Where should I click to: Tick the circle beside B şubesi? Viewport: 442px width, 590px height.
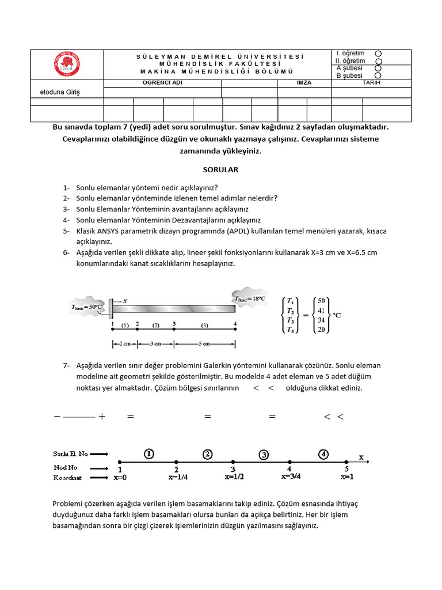pos(378,75)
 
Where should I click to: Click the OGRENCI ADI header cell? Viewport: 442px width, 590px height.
pos(162,83)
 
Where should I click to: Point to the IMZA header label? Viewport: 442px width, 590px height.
pos(304,83)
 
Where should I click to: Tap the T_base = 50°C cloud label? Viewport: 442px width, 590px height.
pos(86,307)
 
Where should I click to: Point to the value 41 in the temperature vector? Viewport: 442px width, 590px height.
pos(321,310)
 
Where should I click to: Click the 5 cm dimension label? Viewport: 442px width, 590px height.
pos(204,344)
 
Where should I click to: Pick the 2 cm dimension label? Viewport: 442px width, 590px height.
pos(124,344)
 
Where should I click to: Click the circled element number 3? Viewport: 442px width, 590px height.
pos(263,455)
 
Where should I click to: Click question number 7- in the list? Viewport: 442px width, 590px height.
pos(67,365)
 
